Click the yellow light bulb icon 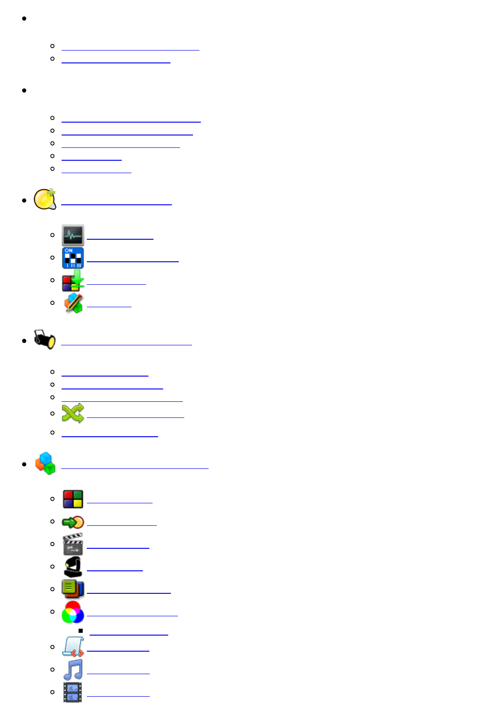pos(44,200)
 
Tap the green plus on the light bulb pos(51,192)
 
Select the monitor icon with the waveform pos(73,235)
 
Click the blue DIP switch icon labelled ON pos(73,258)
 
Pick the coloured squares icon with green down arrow pos(73,281)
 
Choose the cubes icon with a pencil pos(73,303)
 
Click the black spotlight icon pos(45,340)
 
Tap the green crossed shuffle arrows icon pos(73,413)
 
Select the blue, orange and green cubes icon pos(45,463)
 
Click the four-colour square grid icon pos(73,499)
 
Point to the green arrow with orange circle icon pos(73,522)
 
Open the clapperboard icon pos(73,544)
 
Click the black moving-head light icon pos(73,567)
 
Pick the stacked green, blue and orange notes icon pos(73,589)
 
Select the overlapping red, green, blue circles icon pos(73,612)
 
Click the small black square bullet pos(80,631)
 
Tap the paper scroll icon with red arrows pos(73,647)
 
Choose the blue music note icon pos(73,670)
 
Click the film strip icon pos(73,692)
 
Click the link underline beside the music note pos(118,674)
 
